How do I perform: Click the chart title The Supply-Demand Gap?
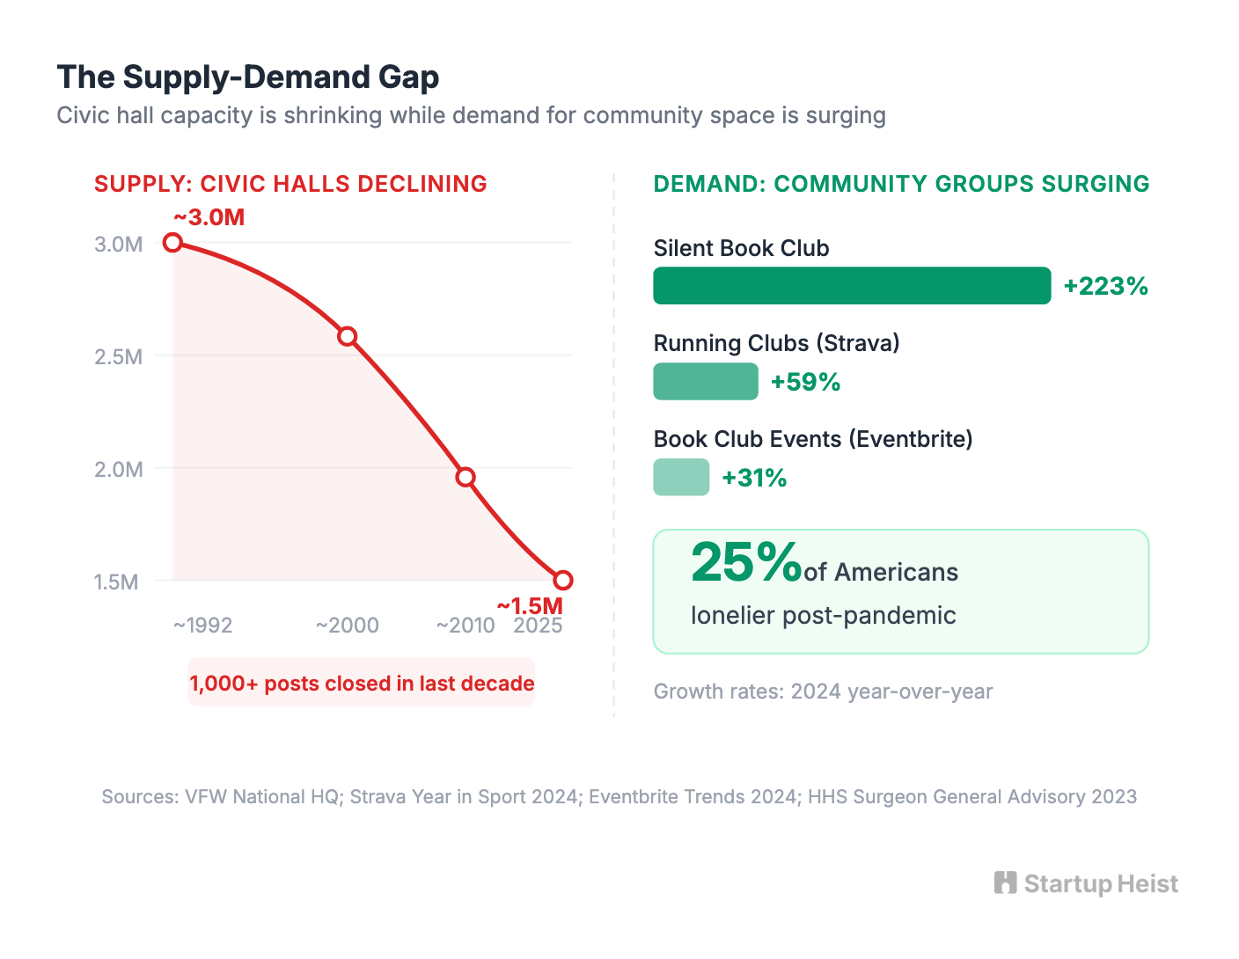coord(247,77)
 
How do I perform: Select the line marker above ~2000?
coord(348,336)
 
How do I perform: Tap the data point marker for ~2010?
coord(466,477)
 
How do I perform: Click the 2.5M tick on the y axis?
coord(119,356)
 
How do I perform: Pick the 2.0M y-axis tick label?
coord(119,470)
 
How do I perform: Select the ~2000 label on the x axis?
coord(348,625)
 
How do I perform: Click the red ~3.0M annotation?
coord(209,217)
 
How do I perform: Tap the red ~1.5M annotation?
coord(530,605)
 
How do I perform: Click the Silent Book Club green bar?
coord(852,285)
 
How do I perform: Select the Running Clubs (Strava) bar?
coord(706,381)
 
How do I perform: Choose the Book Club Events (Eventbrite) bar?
coord(681,477)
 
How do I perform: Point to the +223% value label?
coord(1105,286)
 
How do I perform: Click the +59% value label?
coord(806,382)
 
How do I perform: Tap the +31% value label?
coord(754,478)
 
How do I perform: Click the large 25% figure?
coord(746,562)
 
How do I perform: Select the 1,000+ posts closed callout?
coord(362,682)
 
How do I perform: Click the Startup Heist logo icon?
coord(1005,882)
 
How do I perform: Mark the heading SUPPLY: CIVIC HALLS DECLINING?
coord(290,184)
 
